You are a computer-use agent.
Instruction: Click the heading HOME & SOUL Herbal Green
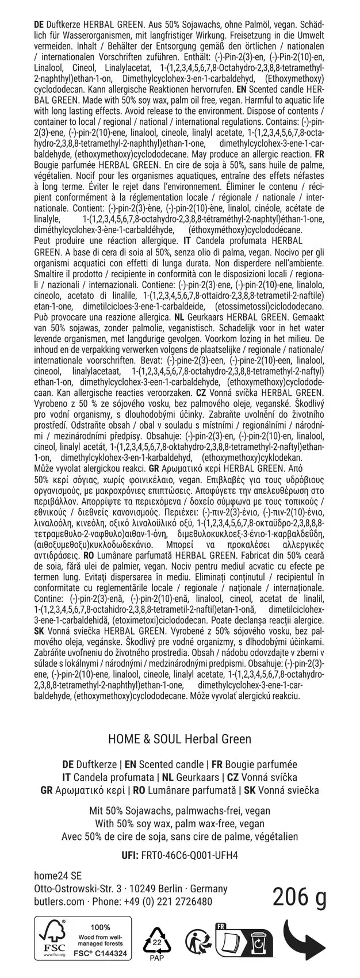179,738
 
